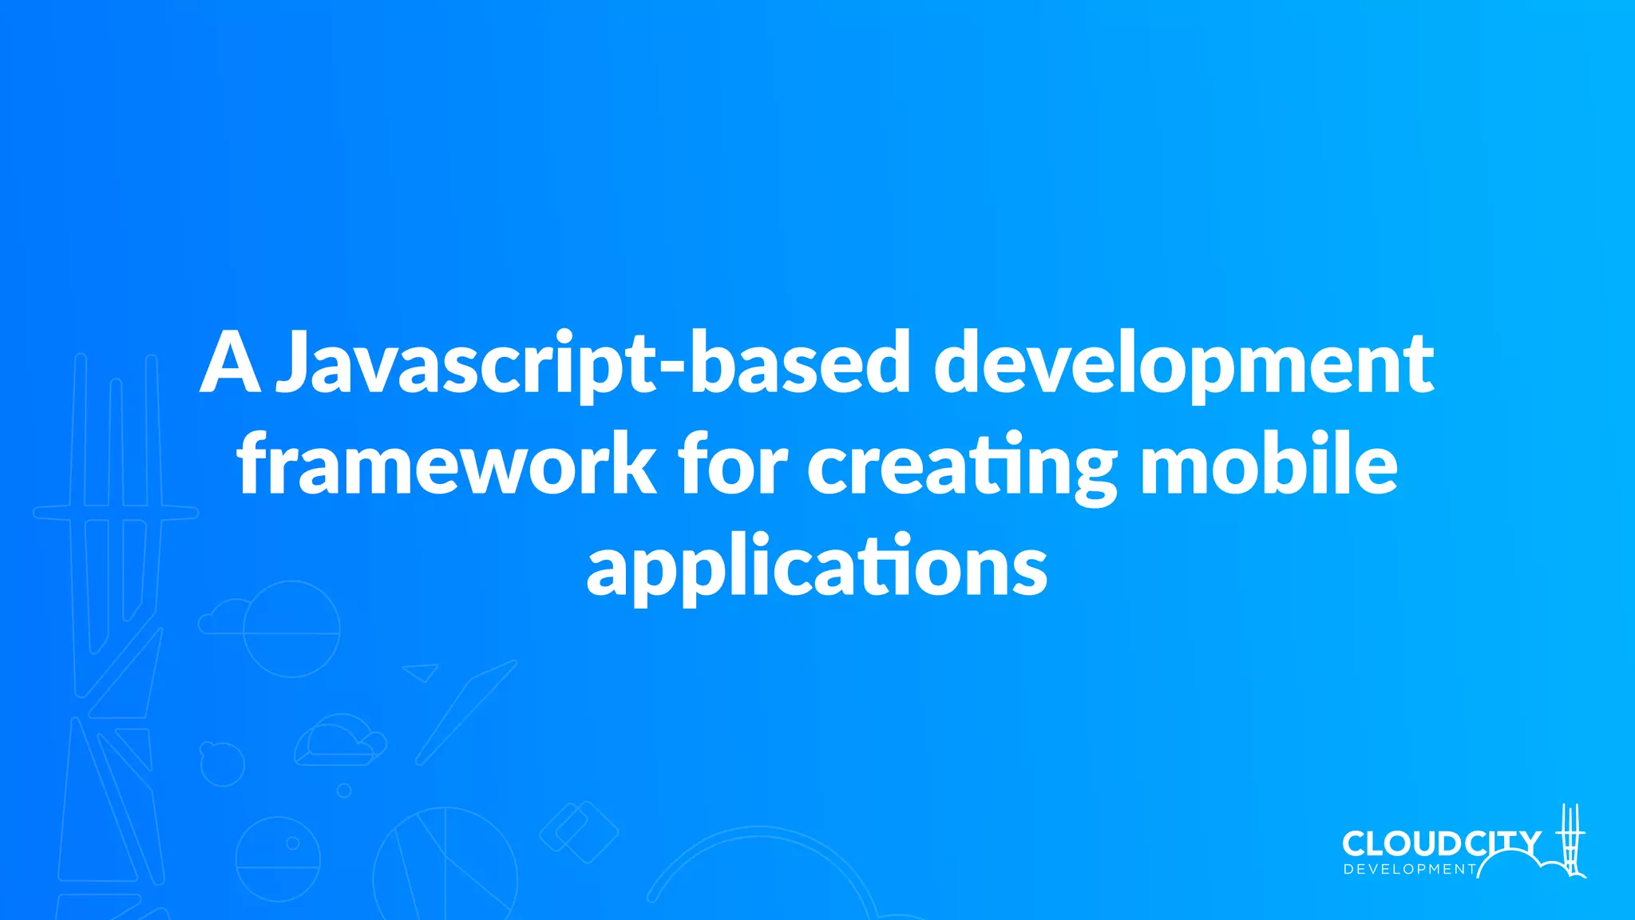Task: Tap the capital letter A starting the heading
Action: [x=230, y=364]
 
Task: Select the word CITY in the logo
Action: [x=1506, y=843]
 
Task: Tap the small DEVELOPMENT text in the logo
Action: [x=1409, y=869]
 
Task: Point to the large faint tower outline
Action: [x=116, y=519]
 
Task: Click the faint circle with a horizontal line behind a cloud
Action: [x=291, y=629]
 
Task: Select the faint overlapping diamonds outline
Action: [x=579, y=832]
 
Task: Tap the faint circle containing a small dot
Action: [x=278, y=859]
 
